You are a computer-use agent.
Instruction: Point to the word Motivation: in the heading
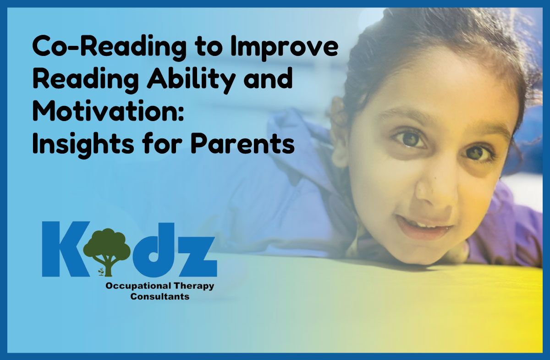pos(108,111)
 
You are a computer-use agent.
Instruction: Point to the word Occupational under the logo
pos(138,287)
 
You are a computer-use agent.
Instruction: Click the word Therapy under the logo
pos(194,287)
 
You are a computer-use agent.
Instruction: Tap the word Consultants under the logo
pos(160,297)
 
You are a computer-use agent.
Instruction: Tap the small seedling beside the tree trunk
pos(101,271)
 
